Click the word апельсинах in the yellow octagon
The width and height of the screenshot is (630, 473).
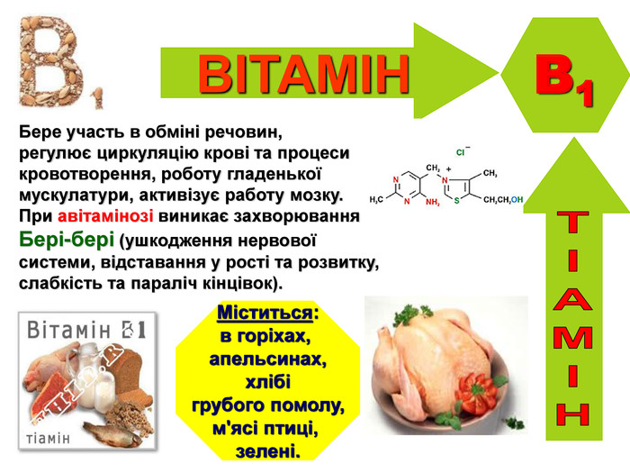[x=267, y=359]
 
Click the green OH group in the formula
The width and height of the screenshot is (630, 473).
[x=517, y=199]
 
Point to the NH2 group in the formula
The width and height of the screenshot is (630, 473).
[x=428, y=202]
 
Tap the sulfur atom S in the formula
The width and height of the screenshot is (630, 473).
[x=456, y=200]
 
